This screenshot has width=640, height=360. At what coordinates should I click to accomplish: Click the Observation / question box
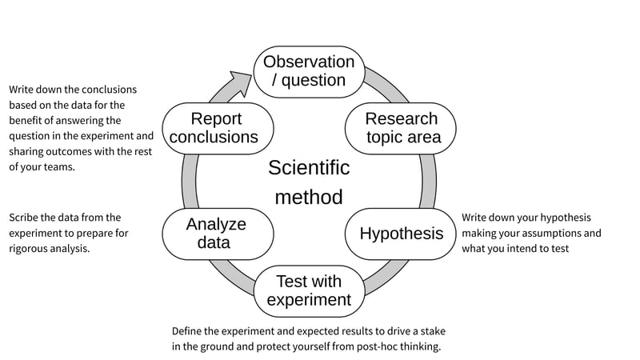coord(309,71)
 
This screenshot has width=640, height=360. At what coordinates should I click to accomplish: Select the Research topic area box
coord(402,128)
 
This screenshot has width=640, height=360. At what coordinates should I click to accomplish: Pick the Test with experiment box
coord(309,290)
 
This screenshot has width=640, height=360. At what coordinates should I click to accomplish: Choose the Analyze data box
coord(216,234)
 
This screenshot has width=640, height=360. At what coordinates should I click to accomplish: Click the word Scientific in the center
coord(309,168)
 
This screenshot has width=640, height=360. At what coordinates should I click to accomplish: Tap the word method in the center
coord(309,197)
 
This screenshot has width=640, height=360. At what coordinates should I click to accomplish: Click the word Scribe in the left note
coord(25,218)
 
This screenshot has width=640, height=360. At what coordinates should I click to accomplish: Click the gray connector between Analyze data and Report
coord(190,181)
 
